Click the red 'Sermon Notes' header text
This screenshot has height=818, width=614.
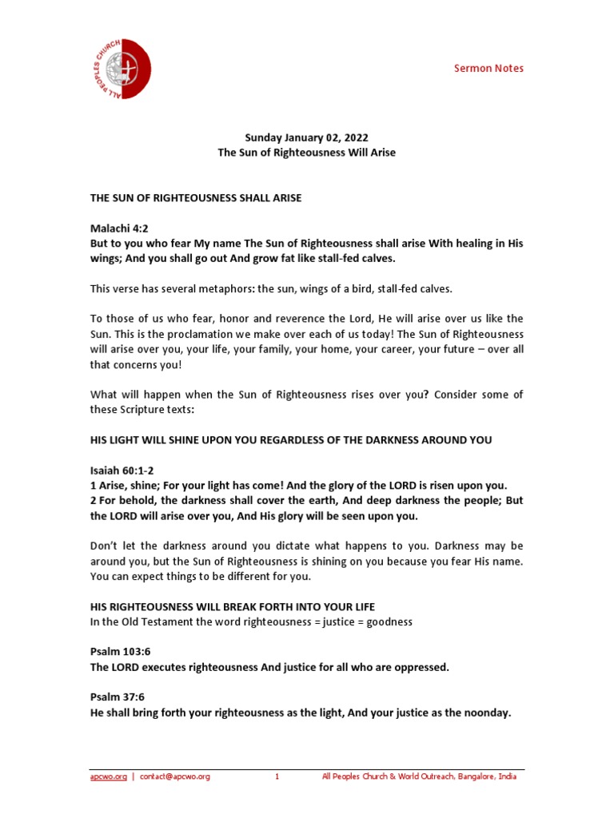click(x=488, y=68)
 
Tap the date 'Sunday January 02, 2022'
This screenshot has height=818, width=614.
click(x=306, y=137)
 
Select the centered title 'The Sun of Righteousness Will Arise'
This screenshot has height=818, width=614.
click(x=307, y=152)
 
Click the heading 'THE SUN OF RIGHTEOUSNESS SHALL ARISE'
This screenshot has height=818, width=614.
click(x=196, y=197)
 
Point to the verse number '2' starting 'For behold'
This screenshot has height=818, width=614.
click(x=92, y=501)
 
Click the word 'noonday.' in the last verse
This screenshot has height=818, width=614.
click(x=485, y=713)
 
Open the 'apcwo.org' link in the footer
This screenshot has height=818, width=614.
click(x=108, y=776)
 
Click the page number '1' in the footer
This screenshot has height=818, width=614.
click(x=277, y=776)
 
